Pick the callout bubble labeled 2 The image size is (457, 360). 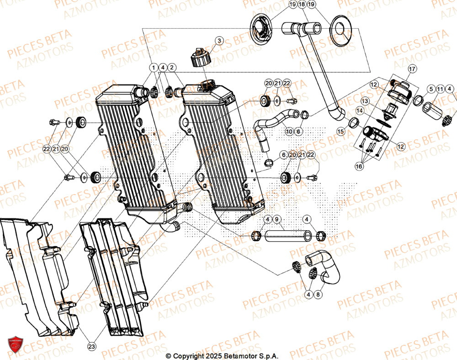pyautogui.click(x=172, y=68)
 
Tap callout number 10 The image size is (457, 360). pyautogui.click(x=289, y=132)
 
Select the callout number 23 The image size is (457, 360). pyautogui.click(x=91, y=347)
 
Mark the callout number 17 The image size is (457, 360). pyautogui.click(x=412, y=69)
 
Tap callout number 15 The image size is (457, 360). pyautogui.click(x=340, y=131)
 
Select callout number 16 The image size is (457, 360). pyautogui.click(x=359, y=167)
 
